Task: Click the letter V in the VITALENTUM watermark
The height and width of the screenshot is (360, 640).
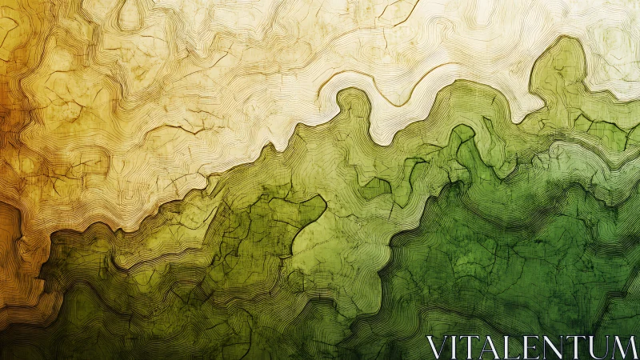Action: point(436,348)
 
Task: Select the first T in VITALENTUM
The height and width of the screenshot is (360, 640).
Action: point(469,348)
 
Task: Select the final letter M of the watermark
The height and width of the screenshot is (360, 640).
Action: point(623,348)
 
